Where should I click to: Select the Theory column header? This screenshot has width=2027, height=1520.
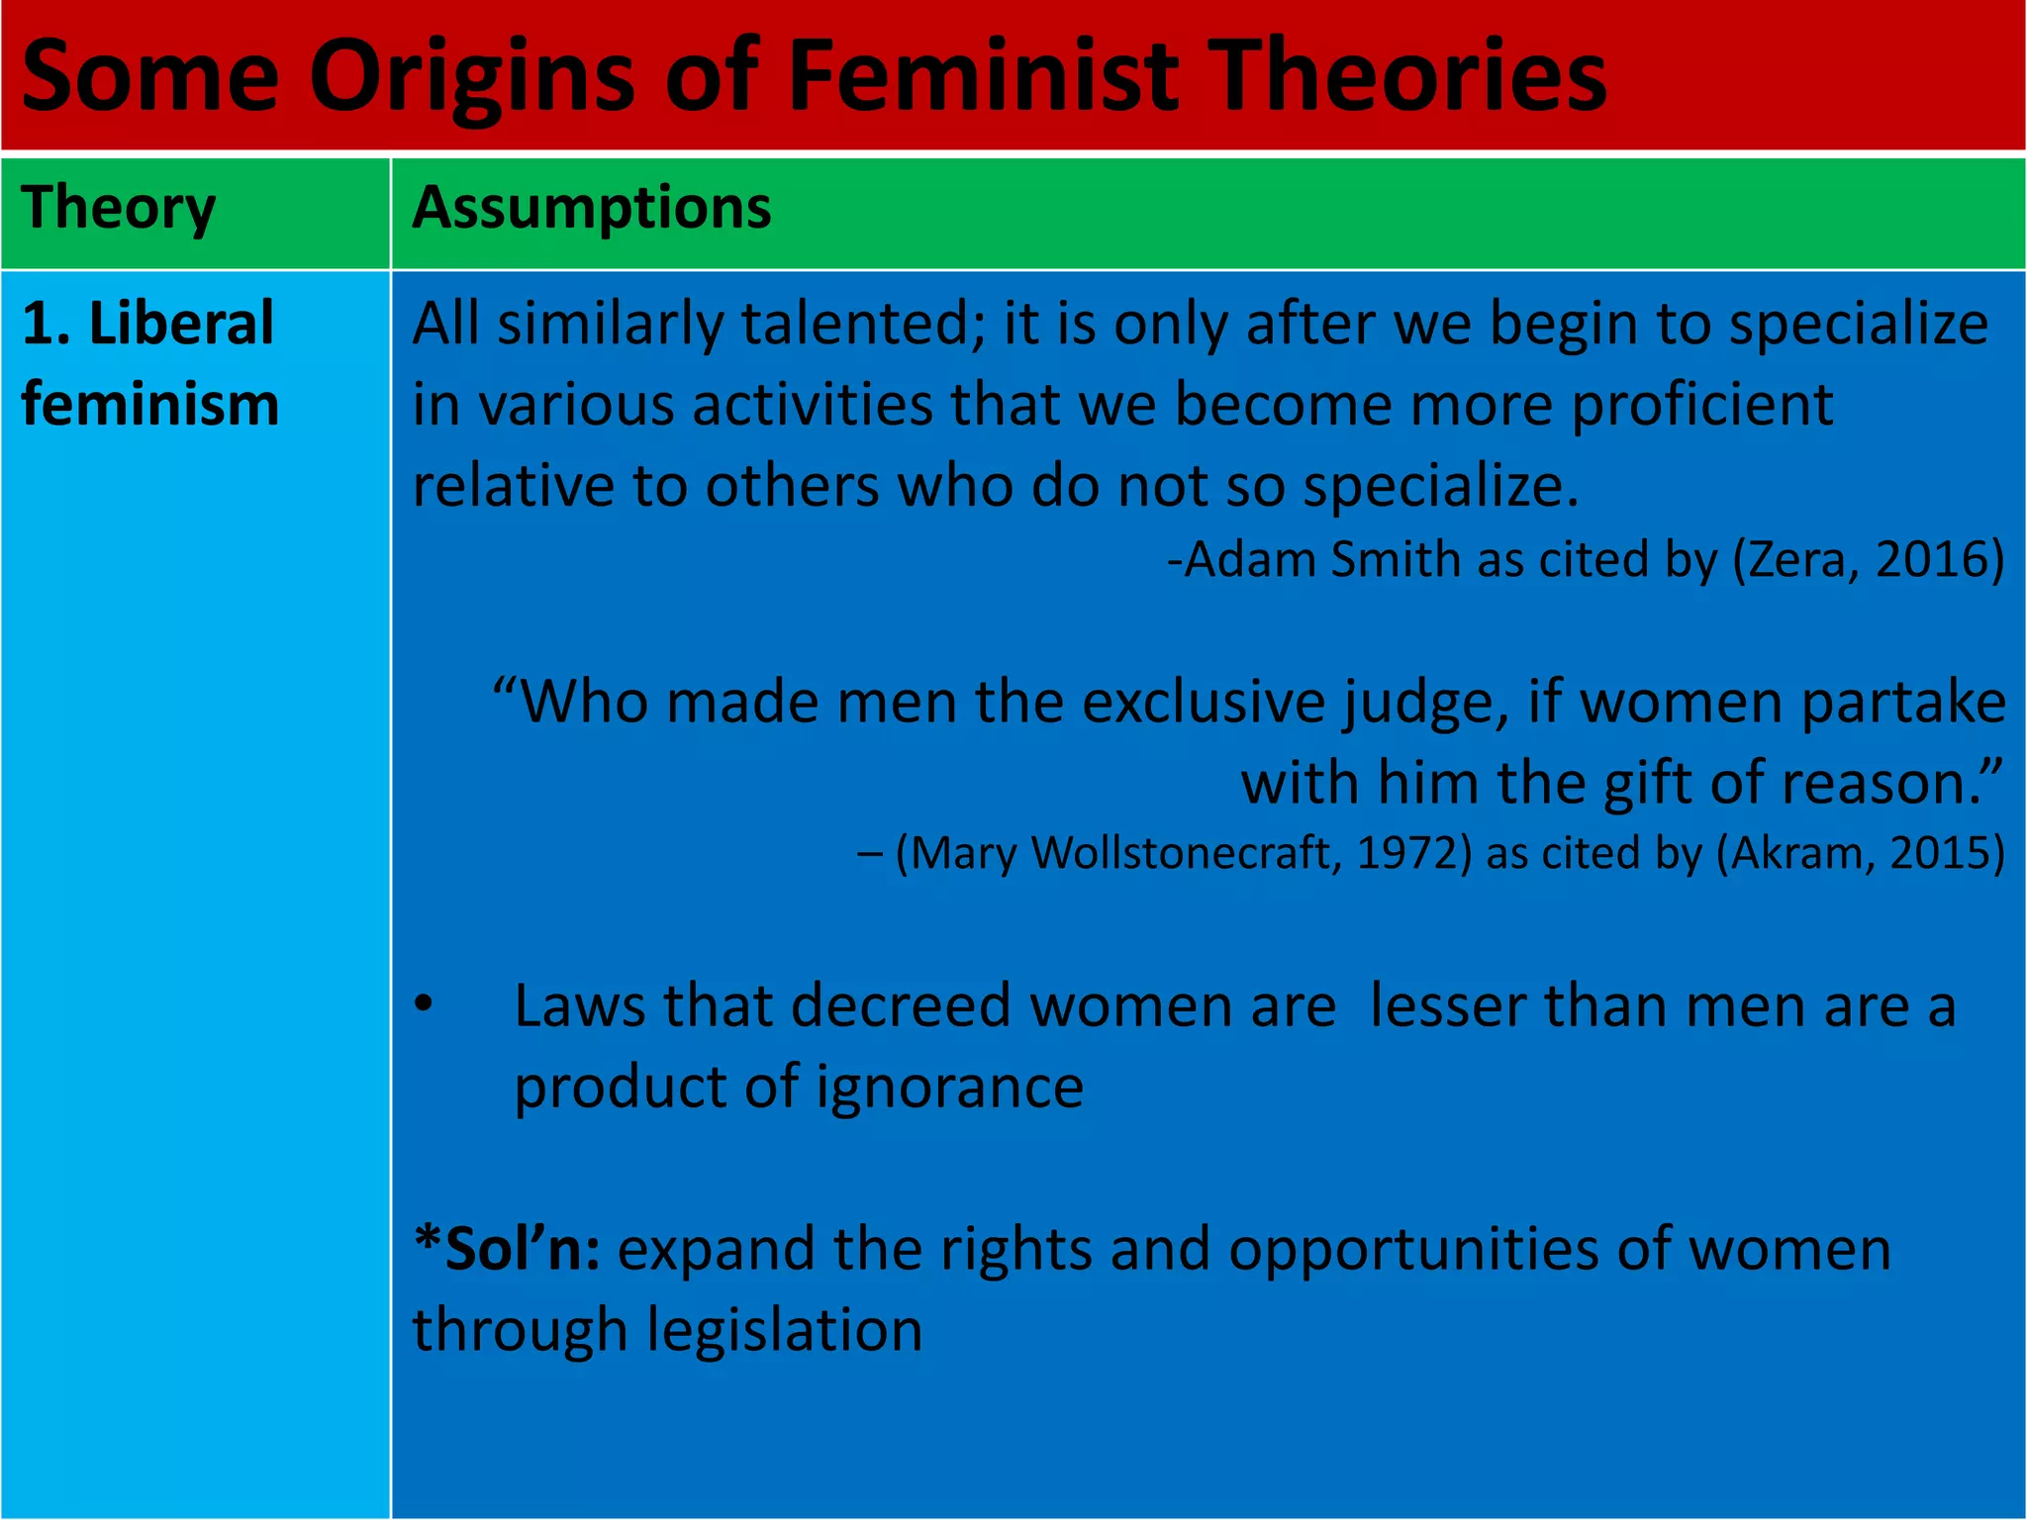[x=119, y=209]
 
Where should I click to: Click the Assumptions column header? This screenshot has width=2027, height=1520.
[x=592, y=209]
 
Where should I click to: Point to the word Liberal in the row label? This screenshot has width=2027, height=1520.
[x=181, y=324]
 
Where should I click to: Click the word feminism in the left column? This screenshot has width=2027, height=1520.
[x=150, y=405]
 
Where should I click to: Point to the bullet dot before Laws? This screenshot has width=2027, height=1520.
[x=424, y=1003]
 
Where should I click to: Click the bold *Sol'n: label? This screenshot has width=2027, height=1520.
[x=507, y=1249]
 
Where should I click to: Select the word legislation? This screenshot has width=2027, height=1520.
[x=784, y=1330]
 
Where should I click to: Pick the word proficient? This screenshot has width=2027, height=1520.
[x=1702, y=405]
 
